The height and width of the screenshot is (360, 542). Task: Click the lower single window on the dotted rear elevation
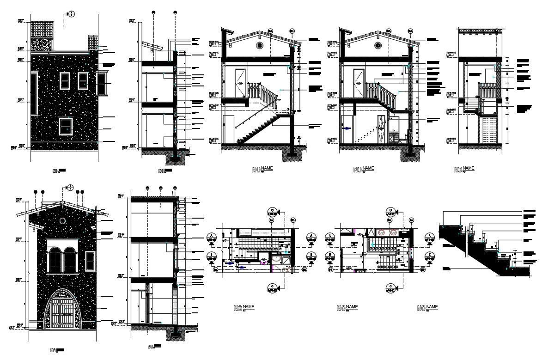click(x=66, y=126)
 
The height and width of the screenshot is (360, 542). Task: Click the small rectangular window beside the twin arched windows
click(x=90, y=261)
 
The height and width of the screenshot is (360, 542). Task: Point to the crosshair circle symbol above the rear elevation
click(x=71, y=14)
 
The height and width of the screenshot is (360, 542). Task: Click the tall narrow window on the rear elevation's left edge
click(x=34, y=94)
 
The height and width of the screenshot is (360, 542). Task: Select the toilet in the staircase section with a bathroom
click(x=406, y=137)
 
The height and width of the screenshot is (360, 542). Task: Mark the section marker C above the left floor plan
click(x=273, y=213)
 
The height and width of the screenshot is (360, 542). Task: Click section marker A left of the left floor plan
click(x=212, y=238)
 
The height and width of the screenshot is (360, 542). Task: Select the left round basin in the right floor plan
click(x=383, y=233)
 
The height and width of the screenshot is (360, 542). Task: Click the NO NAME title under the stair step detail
click(x=427, y=308)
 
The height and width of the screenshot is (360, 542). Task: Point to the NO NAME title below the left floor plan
click(x=244, y=308)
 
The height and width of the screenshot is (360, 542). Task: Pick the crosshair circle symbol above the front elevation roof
click(x=70, y=188)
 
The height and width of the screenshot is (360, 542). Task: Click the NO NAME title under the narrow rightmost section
click(x=464, y=170)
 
